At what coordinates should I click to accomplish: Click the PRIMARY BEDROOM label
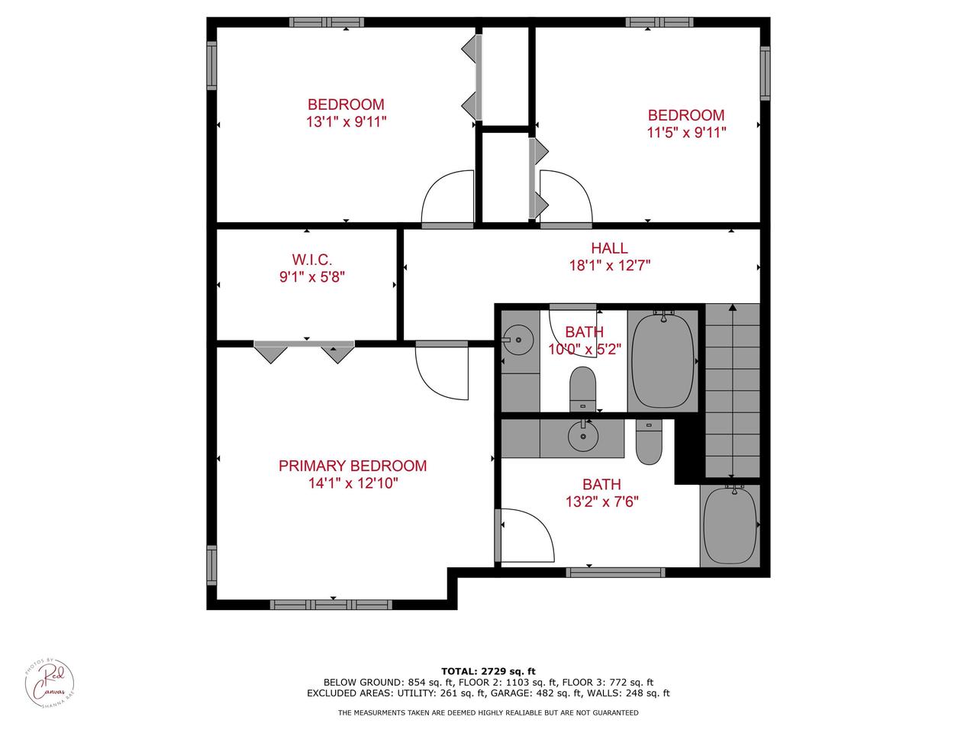point(352,466)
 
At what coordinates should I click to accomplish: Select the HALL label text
point(609,248)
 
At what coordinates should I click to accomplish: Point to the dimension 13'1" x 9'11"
point(346,121)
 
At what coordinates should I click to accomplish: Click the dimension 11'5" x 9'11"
point(685,132)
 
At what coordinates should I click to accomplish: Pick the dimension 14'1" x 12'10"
point(352,483)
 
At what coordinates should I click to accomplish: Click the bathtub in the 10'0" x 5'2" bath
point(661,360)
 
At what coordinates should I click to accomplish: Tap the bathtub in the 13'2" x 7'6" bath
point(730,525)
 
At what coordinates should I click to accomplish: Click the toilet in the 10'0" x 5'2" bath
point(583,388)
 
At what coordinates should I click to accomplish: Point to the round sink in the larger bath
point(583,436)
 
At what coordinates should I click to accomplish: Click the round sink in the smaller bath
point(520,335)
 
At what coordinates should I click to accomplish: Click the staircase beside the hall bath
point(732,389)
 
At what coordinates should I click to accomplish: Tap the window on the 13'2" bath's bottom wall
point(615,572)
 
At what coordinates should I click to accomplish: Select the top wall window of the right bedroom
point(659,22)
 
